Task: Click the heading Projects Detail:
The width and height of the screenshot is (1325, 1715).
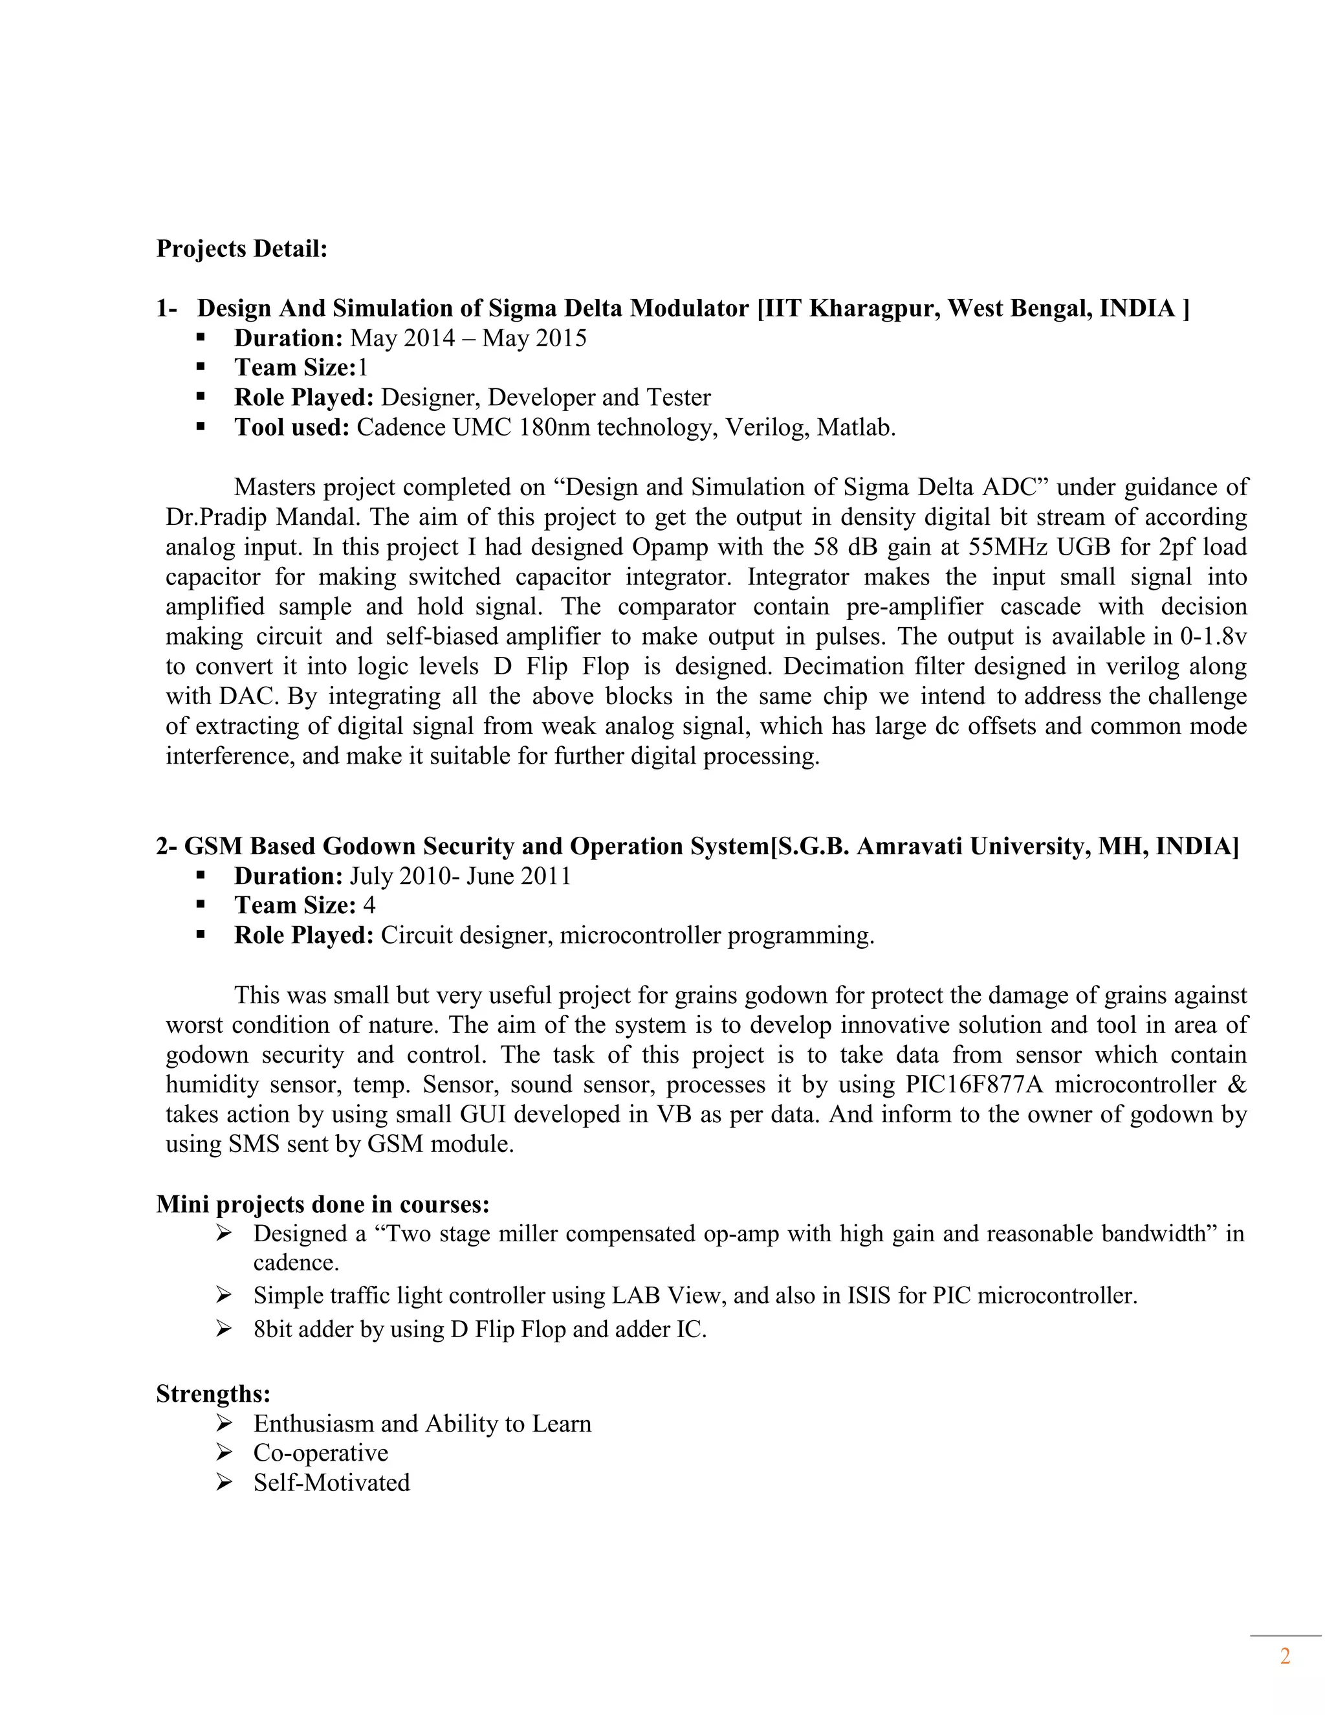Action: pyautogui.click(x=242, y=249)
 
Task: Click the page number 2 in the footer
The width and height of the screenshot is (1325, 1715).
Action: pyautogui.click(x=1285, y=1657)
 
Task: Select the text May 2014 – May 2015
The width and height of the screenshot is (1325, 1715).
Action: pyautogui.click(x=468, y=338)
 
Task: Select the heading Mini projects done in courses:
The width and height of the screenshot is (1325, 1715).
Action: pyautogui.click(x=323, y=1204)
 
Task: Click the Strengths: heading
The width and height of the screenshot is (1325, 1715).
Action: pyautogui.click(x=213, y=1394)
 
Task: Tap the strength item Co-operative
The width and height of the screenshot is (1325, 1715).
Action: pyautogui.click(x=320, y=1453)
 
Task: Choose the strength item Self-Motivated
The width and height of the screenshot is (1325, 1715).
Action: pyautogui.click(x=331, y=1483)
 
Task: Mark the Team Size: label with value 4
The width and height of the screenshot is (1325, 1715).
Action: pyautogui.click(x=295, y=905)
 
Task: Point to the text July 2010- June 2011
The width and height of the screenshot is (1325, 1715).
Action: pyautogui.click(x=460, y=876)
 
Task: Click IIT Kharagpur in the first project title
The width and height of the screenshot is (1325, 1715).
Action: pyautogui.click(x=850, y=309)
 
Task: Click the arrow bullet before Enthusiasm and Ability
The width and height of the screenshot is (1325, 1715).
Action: pyautogui.click(x=224, y=1423)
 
